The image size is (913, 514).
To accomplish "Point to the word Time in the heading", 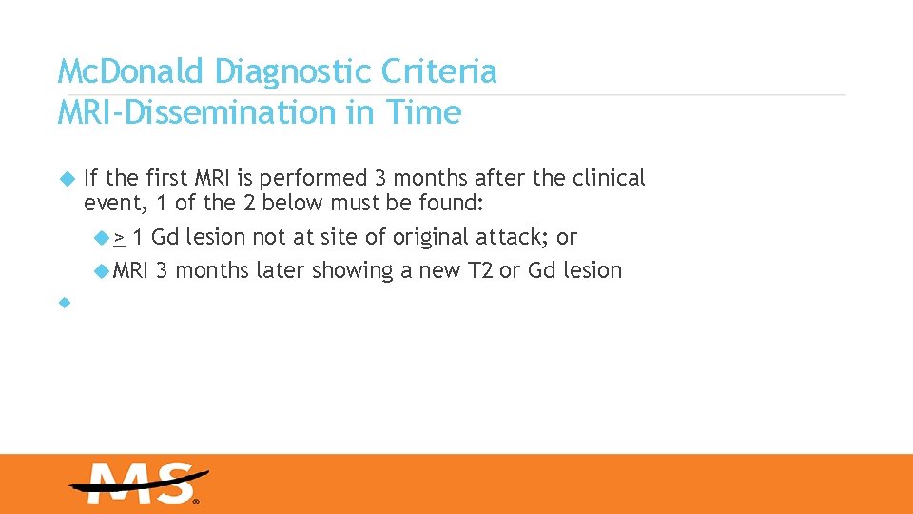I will (423, 113).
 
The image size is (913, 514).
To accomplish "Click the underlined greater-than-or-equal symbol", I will (120, 238).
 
